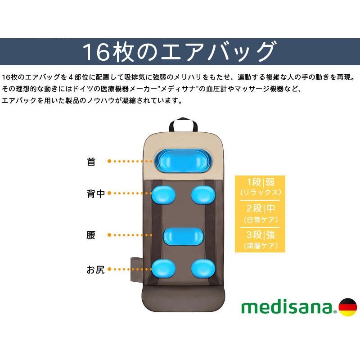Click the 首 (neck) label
[x=91, y=162]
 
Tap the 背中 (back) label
[x=96, y=193]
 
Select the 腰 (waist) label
[x=91, y=235]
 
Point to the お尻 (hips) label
[x=95, y=270]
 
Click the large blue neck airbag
[x=183, y=161]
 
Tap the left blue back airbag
[x=163, y=194]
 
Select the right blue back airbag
[x=203, y=195]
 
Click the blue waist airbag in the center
[x=184, y=237]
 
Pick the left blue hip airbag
[x=163, y=268]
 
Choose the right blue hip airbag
[x=203, y=268]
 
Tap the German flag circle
[x=348, y=307]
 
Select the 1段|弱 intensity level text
[x=261, y=182]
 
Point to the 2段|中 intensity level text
[x=261, y=208]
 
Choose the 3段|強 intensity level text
[x=261, y=235]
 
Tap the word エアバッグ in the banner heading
[x=218, y=51]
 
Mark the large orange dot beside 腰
[x=109, y=235]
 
